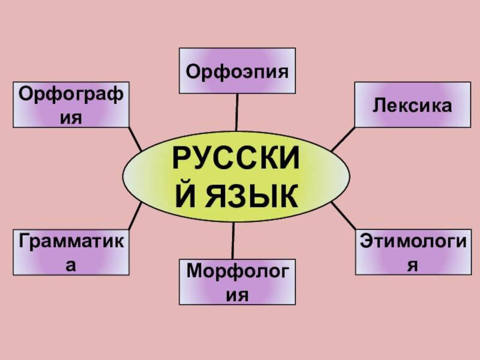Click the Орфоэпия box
coord(237,71)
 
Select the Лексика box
coord(412,105)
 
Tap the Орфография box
coord(71,105)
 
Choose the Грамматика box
coord(71,252)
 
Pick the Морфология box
coord(237,282)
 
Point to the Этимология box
coord(412,252)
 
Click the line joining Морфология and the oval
coord(233,240)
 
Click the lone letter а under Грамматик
coord(71,265)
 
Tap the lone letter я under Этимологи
coord(412,265)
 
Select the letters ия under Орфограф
coord(71,117)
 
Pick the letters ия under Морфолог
coord(236,295)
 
